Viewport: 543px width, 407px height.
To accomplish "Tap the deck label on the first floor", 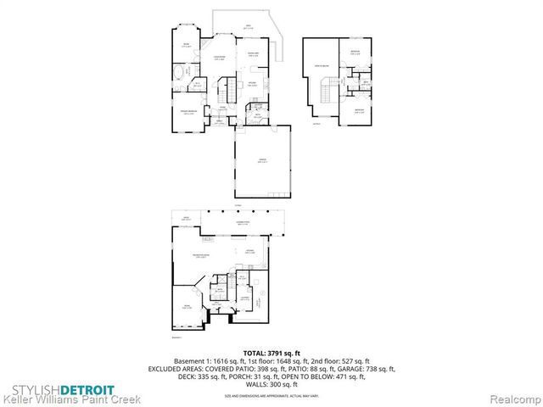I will tap(248, 27).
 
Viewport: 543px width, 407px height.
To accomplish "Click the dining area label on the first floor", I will tap(252, 55).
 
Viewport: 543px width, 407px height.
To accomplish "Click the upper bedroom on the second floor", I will tap(355, 54).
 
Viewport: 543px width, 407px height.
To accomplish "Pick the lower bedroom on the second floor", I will tap(359, 109).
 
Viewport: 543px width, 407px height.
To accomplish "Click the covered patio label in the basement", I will tap(243, 222).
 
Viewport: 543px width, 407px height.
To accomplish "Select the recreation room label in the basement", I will tap(201, 259).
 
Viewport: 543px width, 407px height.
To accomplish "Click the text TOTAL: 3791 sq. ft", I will tap(271, 352).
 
